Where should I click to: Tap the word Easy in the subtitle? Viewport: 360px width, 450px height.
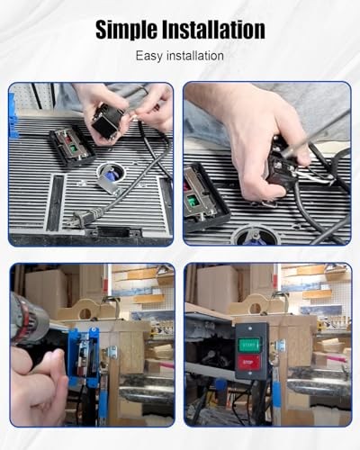(x=150, y=56)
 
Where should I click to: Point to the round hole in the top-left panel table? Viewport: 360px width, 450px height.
(x=112, y=171)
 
